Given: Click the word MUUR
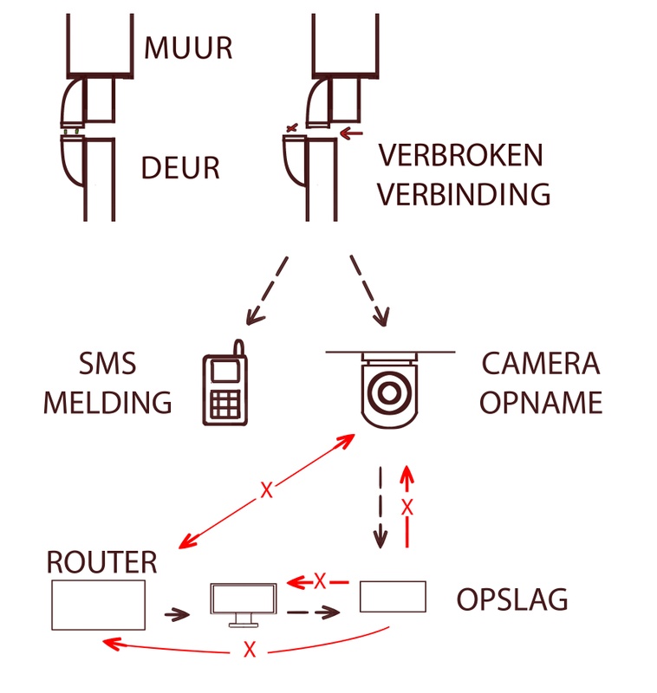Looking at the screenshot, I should click(188, 47).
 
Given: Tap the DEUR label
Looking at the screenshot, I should click(180, 167).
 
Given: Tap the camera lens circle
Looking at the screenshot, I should click(388, 391).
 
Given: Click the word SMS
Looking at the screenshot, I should click(107, 365).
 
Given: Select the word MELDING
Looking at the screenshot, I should click(107, 403).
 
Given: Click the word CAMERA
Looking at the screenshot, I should click(540, 365).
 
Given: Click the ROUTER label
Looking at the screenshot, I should click(102, 562).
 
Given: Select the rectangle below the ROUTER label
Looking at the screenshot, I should click(98, 606).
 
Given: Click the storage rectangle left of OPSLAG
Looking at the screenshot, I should click(393, 597).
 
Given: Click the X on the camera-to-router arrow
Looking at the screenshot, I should click(266, 490).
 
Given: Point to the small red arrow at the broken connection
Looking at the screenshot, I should click(350, 133).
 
